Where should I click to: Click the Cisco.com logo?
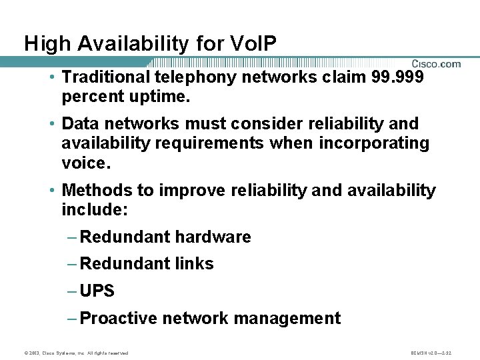[x=435, y=64]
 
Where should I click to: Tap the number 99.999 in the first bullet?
[x=398, y=77]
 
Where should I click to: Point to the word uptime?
[x=162, y=97]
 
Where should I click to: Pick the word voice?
[x=83, y=162]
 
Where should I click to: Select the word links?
[x=194, y=264]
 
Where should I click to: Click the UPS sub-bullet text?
[x=97, y=291]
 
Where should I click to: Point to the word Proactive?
[x=114, y=319]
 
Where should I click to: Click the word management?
[x=291, y=319]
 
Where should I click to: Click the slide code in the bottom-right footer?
[x=433, y=353]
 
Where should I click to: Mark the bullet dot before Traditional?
[x=52, y=77]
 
